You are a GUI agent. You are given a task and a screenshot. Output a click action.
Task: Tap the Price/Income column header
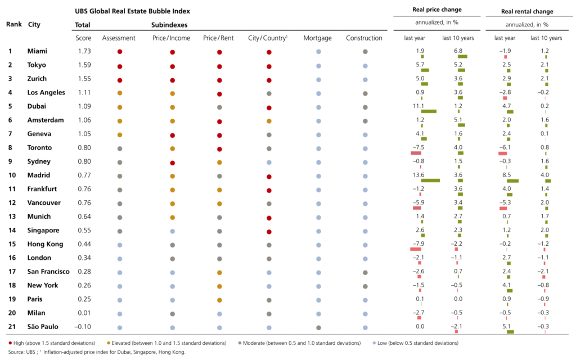[x=171, y=38]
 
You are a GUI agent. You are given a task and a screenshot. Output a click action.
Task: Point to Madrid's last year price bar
[x=430, y=181]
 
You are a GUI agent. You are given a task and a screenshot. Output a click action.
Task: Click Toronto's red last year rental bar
[x=502, y=153]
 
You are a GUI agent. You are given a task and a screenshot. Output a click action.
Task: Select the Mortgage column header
[x=317, y=38]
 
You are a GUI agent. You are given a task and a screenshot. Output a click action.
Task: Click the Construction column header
[x=364, y=38]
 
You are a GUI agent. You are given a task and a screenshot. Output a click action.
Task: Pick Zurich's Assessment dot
[x=119, y=79]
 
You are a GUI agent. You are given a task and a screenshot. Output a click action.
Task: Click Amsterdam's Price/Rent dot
[x=219, y=121]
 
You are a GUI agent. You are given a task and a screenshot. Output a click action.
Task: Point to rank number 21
[x=10, y=326]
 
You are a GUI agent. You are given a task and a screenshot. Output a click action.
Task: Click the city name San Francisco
[x=48, y=271]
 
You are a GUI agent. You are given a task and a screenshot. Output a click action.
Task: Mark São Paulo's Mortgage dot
[x=318, y=327]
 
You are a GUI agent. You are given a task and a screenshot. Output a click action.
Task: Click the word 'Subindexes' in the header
[x=169, y=25]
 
